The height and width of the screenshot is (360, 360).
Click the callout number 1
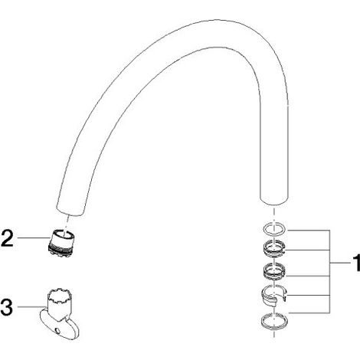click(x=356, y=263)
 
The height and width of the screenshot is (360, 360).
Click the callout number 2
click(x=7, y=238)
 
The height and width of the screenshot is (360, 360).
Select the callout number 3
click(x=7, y=307)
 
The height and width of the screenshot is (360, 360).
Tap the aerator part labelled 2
click(x=61, y=243)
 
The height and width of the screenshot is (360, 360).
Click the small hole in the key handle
click(x=58, y=331)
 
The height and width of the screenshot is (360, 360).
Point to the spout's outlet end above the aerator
click(x=70, y=211)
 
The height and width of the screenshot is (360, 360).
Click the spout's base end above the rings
click(x=274, y=201)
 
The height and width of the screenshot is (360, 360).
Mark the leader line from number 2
click(x=32, y=238)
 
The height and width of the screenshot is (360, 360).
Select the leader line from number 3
click(x=31, y=306)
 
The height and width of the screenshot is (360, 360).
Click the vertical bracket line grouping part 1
click(x=330, y=271)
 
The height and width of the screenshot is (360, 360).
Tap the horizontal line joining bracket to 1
click(x=340, y=263)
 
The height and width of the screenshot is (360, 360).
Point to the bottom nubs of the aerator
click(x=61, y=254)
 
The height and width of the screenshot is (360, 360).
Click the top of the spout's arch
click(x=217, y=21)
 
